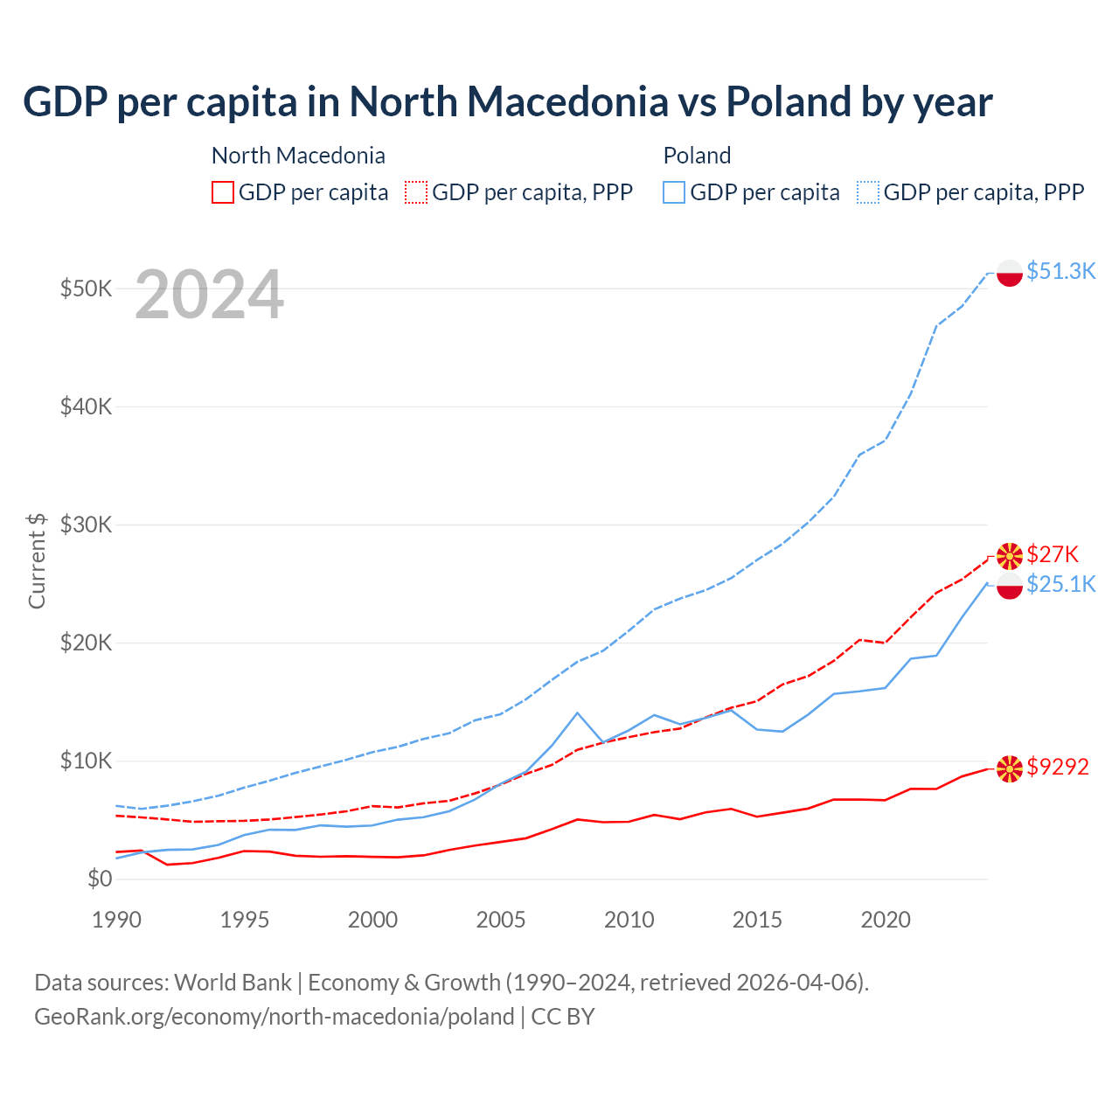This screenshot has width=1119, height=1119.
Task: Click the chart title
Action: click(507, 101)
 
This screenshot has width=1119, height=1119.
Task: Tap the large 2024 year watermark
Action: click(209, 295)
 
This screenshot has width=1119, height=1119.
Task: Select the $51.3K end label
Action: click(1060, 271)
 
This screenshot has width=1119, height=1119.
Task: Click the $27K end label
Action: click(1053, 554)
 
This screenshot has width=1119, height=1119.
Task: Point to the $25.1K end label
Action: click(1060, 584)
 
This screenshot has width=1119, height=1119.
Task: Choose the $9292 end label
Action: click(1058, 767)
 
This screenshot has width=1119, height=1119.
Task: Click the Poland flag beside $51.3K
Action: click(1010, 273)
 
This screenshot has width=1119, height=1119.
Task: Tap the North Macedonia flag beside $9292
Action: click(1010, 768)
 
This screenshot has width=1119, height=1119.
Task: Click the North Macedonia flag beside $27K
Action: click(1010, 555)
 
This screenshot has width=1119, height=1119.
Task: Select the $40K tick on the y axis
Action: click(86, 407)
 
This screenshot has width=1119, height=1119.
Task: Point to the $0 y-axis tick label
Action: click(100, 879)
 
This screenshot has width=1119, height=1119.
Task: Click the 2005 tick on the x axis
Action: click(501, 920)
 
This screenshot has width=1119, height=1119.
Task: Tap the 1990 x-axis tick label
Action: click(116, 920)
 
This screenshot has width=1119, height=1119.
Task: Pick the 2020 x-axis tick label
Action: click(886, 920)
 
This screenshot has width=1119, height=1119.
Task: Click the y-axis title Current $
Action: click(37, 560)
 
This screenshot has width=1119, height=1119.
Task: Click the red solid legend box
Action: click(223, 192)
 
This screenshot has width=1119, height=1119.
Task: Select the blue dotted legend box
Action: click(868, 192)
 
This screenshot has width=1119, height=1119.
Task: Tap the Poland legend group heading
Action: click(697, 156)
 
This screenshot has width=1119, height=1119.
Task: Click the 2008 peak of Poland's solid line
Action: click(577, 712)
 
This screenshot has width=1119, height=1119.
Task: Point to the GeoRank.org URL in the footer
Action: click(275, 1017)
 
